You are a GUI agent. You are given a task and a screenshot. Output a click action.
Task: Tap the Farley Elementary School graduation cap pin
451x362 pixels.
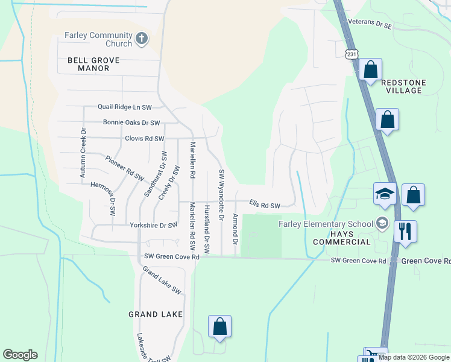pos(385,194)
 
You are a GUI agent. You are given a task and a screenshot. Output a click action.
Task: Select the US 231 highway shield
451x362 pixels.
pos(352,55)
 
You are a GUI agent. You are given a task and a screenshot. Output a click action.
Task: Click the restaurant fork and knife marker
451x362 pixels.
pos(405,232)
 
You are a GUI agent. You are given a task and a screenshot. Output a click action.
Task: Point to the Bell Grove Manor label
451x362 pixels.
pos(93,65)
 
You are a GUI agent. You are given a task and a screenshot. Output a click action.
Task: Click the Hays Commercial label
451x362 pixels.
pos(342,242)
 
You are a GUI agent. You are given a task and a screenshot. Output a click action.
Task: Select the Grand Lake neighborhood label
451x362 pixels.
pos(155,314)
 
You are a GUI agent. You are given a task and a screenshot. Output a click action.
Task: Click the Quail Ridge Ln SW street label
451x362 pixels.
pos(125,107)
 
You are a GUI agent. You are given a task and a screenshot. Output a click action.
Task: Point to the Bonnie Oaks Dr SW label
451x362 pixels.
pos(131,122)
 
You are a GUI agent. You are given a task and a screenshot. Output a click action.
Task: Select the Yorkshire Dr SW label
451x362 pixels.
pos(153,225)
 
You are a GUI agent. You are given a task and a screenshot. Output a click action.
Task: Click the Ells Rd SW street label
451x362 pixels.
pos(265,205)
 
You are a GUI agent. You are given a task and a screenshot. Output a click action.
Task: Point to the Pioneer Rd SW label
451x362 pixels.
pos(125,169)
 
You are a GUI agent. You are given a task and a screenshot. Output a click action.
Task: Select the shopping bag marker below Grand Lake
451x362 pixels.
pos(220,326)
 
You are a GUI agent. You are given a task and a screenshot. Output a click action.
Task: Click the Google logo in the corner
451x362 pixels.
pos(20,355)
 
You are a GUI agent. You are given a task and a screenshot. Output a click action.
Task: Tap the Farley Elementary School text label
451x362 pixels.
pos(326,224)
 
